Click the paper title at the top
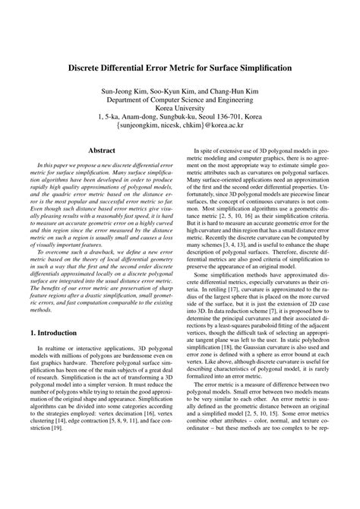(x=180, y=68)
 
